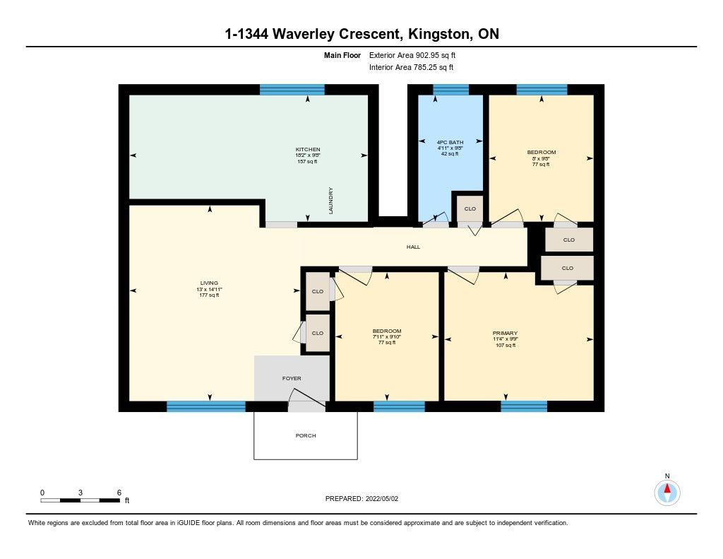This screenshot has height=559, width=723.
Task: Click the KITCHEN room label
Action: [308, 150]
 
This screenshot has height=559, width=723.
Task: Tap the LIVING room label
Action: [209, 283]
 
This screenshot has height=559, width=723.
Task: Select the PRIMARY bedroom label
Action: [505, 333]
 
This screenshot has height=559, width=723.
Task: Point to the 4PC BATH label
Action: [450, 142]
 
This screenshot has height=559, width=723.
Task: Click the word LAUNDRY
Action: [330, 201]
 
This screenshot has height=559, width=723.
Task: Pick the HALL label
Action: [413, 247]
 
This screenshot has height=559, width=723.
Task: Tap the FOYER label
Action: [292, 379]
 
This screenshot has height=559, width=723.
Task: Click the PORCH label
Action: [306, 436]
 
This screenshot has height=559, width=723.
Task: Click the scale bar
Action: [80, 500]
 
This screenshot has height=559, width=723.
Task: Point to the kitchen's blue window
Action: [292, 90]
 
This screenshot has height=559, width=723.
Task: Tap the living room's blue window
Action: [205, 406]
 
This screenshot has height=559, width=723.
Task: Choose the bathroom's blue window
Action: [450, 90]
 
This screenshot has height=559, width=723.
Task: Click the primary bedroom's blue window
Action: [524, 406]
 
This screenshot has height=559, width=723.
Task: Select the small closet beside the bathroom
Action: [470, 208]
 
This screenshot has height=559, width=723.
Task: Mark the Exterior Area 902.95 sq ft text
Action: [412, 55]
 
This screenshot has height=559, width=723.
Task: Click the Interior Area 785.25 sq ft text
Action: [412, 67]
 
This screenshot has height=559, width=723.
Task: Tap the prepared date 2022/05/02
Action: [382, 498]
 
